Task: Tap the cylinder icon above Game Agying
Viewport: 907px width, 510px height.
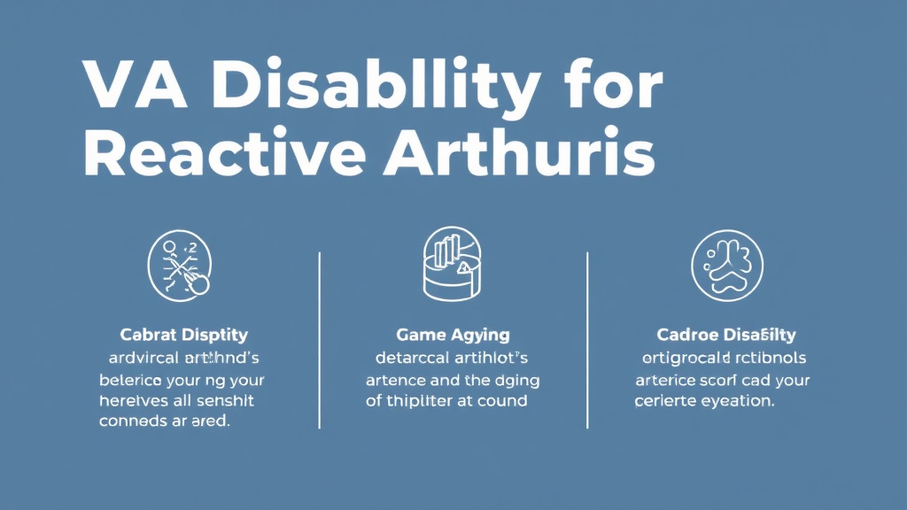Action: coord(453,263)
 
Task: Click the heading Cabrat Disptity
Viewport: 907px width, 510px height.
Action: coord(183,336)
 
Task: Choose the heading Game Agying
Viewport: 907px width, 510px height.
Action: coord(453,336)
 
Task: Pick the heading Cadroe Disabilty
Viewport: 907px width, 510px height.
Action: coord(726,336)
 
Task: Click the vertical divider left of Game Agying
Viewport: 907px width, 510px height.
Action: coord(319,340)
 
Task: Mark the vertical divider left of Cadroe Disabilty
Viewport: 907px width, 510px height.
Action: coord(588,340)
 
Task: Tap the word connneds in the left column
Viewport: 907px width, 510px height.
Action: coord(135,421)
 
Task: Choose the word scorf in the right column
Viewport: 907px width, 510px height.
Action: coord(723,380)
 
